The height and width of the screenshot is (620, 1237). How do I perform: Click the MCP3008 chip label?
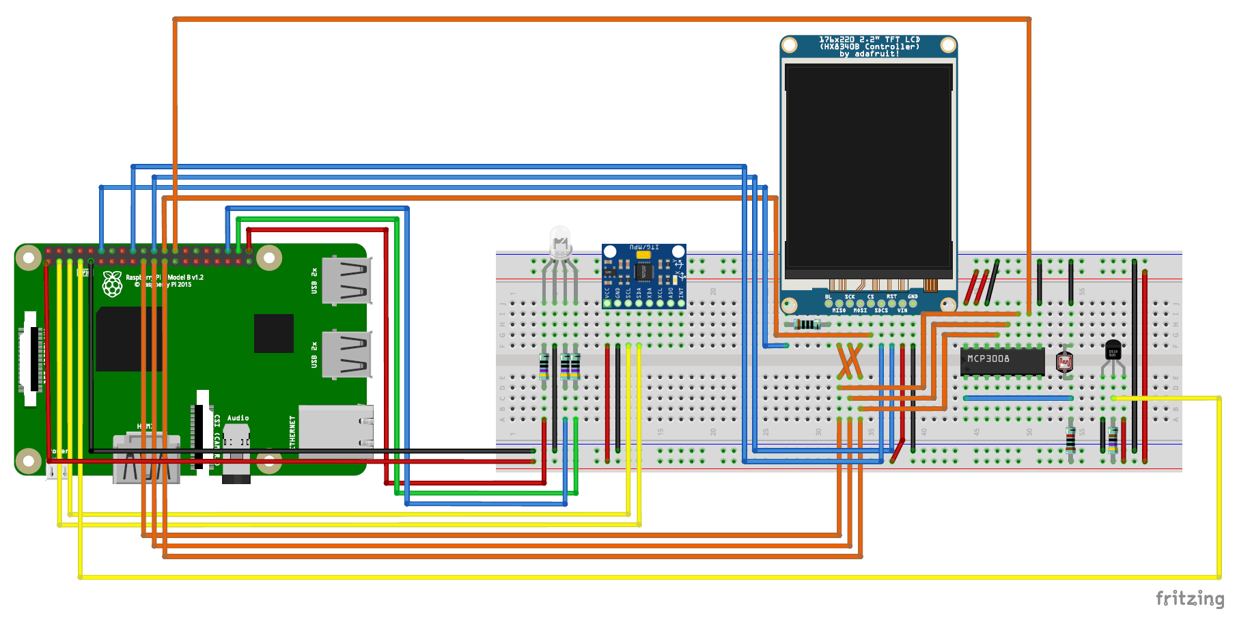point(988,358)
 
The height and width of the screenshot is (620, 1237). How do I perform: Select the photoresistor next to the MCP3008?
point(1064,361)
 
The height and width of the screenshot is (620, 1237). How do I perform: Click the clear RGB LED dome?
point(560,240)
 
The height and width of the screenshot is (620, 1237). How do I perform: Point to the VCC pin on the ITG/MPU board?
point(607,302)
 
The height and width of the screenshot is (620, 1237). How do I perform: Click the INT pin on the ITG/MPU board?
point(681,302)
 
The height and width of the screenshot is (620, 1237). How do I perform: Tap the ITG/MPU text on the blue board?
point(643,247)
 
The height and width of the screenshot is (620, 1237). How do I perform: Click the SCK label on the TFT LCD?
point(849,297)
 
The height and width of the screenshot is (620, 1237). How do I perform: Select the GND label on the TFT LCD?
point(913,297)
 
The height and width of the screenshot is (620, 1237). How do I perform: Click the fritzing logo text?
point(1189,599)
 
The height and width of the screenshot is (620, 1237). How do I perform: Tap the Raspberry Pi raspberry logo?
point(112,284)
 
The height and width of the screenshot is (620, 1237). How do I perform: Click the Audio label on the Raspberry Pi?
point(238,418)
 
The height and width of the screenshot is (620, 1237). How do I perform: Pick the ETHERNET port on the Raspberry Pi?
point(335,430)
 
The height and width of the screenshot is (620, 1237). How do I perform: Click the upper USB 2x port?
point(347,280)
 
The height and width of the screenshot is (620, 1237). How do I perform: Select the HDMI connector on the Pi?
point(146,457)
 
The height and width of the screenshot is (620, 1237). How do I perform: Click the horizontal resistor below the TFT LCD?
point(807,324)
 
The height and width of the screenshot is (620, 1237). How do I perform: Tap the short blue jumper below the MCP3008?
point(1018,398)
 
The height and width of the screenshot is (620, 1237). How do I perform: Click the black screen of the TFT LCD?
point(868,167)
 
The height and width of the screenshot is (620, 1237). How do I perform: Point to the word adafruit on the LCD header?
point(876,54)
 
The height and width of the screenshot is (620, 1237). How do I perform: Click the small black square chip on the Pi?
point(273,333)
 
